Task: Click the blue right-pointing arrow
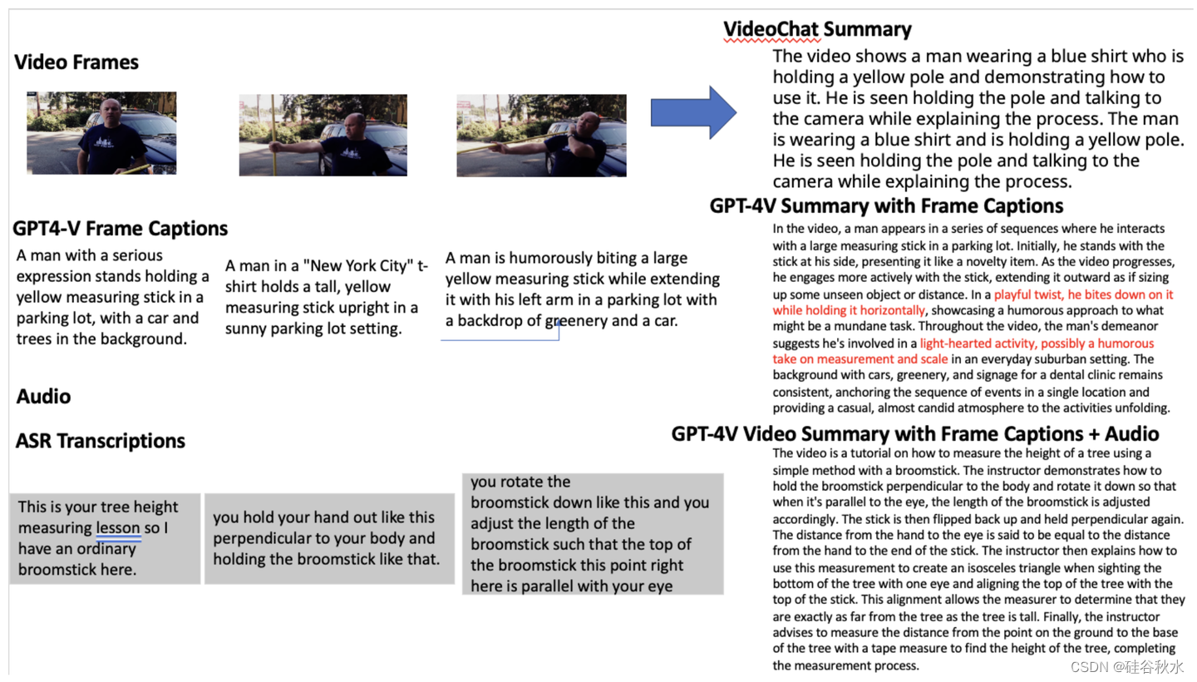pyautogui.click(x=693, y=112)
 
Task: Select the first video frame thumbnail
pyautogui.click(x=101, y=133)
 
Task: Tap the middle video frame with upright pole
pyautogui.click(x=323, y=135)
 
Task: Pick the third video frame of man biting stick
pyautogui.click(x=541, y=135)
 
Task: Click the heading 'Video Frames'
pyautogui.click(x=76, y=62)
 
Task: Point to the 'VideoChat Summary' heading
pyautogui.click(x=817, y=30)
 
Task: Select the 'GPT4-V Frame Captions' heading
pyautogui.click(x=121, y=229)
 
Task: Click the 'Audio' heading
pyautogui.click(x=43, y=397)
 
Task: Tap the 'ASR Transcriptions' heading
pyautogui.click(x=101, y=441)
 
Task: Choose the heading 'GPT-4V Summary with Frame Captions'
pyautogui.click(x=886, y=206)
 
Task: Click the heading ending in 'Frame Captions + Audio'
pyautogui.click(x=915, y=433)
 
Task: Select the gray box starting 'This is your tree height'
pyautogui.click(x=105, y=539)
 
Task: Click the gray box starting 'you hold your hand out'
pyautogui.click(x=329, y=538)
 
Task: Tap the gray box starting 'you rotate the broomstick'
pyautogui.click(x=593, y=534)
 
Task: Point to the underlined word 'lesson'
pyautogui.click(x=118, y=528)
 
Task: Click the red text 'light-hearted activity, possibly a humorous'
pyautogui.click(x=1037, y=343)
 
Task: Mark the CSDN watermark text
pyautogui.click(x=1127, y=667)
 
